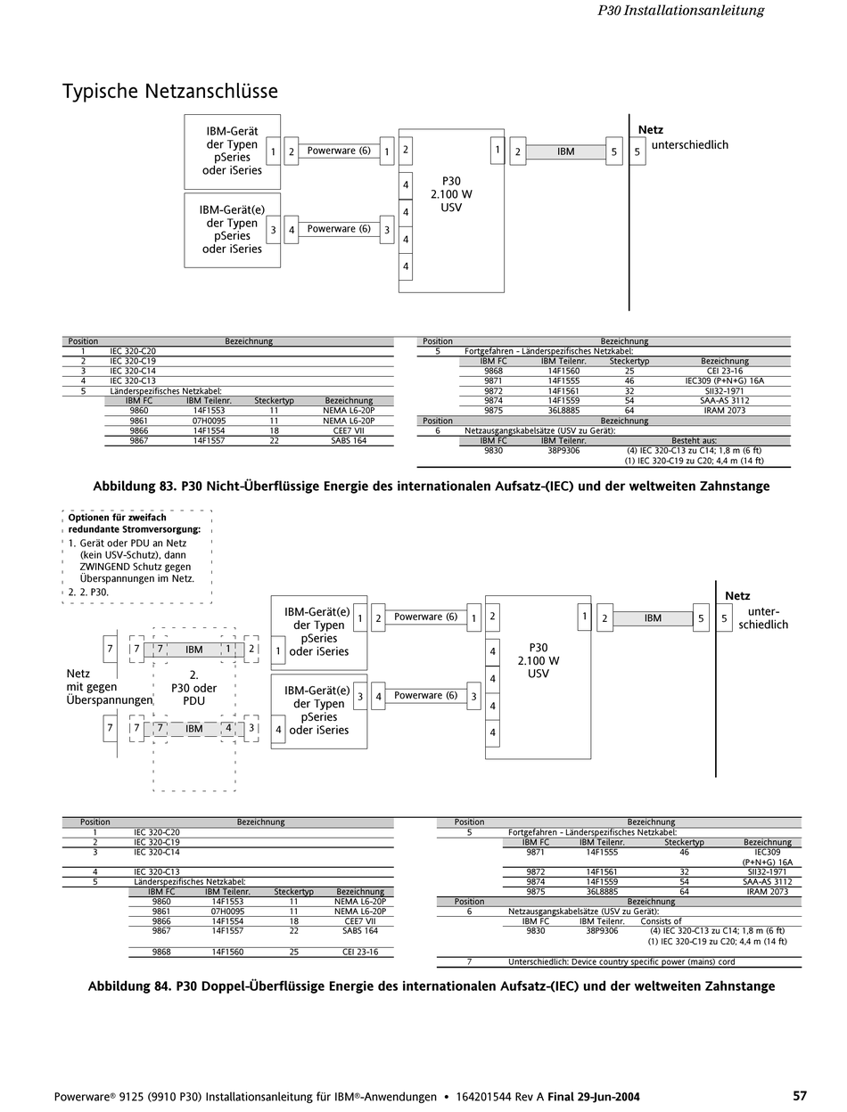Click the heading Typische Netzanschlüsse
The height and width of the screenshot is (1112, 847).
coord(169,91)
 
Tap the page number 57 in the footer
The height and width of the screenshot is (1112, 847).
coord(800,1096)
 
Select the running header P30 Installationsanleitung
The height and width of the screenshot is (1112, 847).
coord(680,11)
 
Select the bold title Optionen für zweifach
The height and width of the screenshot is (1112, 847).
coord(117,517)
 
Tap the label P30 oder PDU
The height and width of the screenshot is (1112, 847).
coord(193,694)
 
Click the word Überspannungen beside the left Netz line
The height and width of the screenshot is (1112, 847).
coord(110,700)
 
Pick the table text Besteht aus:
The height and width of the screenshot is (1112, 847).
coord(694,440)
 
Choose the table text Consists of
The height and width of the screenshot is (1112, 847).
coord(661,921)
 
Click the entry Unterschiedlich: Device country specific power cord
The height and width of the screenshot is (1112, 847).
coord(621,962)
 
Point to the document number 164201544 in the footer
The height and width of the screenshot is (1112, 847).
coord(486,1097)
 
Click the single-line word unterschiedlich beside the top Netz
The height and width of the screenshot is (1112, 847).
coord(690,144)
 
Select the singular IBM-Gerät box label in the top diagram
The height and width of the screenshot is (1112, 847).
coord(232,131)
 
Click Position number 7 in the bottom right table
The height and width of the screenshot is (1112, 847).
coord(469,962)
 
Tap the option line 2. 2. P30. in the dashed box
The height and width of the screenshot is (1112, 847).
coord(89,592)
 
